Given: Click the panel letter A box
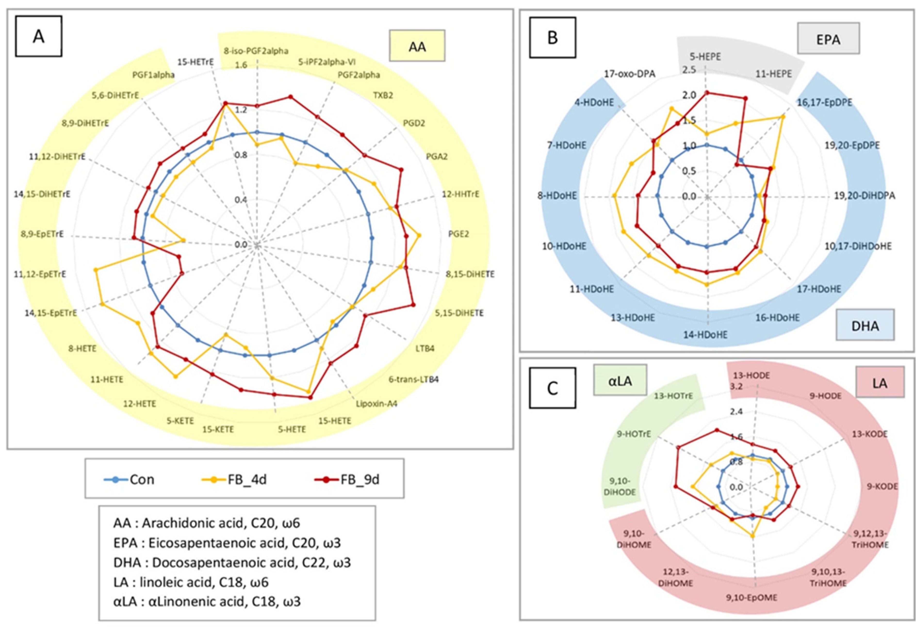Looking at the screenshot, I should tap(39, 36).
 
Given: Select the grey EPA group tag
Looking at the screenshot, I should tap(828, 39).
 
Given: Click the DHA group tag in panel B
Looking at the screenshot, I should tap(865, 325).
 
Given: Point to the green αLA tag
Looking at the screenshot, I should tap(620, 380).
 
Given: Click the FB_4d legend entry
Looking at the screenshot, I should tap(234, 479).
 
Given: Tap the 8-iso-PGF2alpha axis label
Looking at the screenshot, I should tap(256, 51).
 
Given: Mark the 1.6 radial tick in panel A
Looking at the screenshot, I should tap(241, 65).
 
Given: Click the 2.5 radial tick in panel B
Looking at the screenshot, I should tap(689, 70).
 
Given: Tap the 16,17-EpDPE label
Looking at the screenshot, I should tap(824, 102).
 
